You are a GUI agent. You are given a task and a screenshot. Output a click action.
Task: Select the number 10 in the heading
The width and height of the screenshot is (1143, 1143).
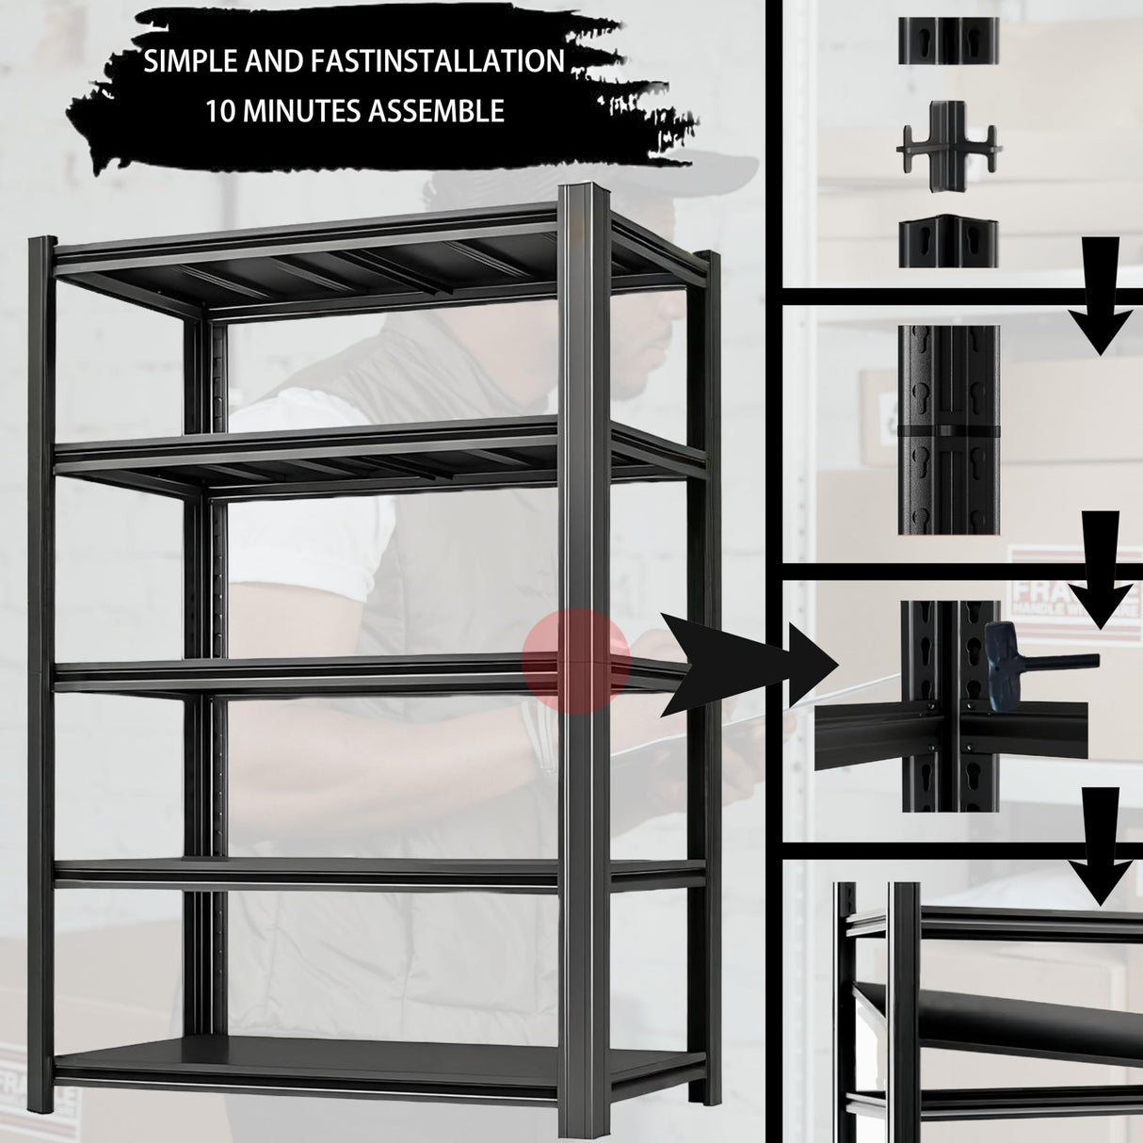pos(221,112)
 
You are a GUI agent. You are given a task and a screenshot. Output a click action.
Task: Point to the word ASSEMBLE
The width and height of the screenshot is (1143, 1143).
pos(442,112)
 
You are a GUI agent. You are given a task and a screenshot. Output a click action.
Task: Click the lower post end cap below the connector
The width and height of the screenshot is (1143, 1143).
pos(946,244)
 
